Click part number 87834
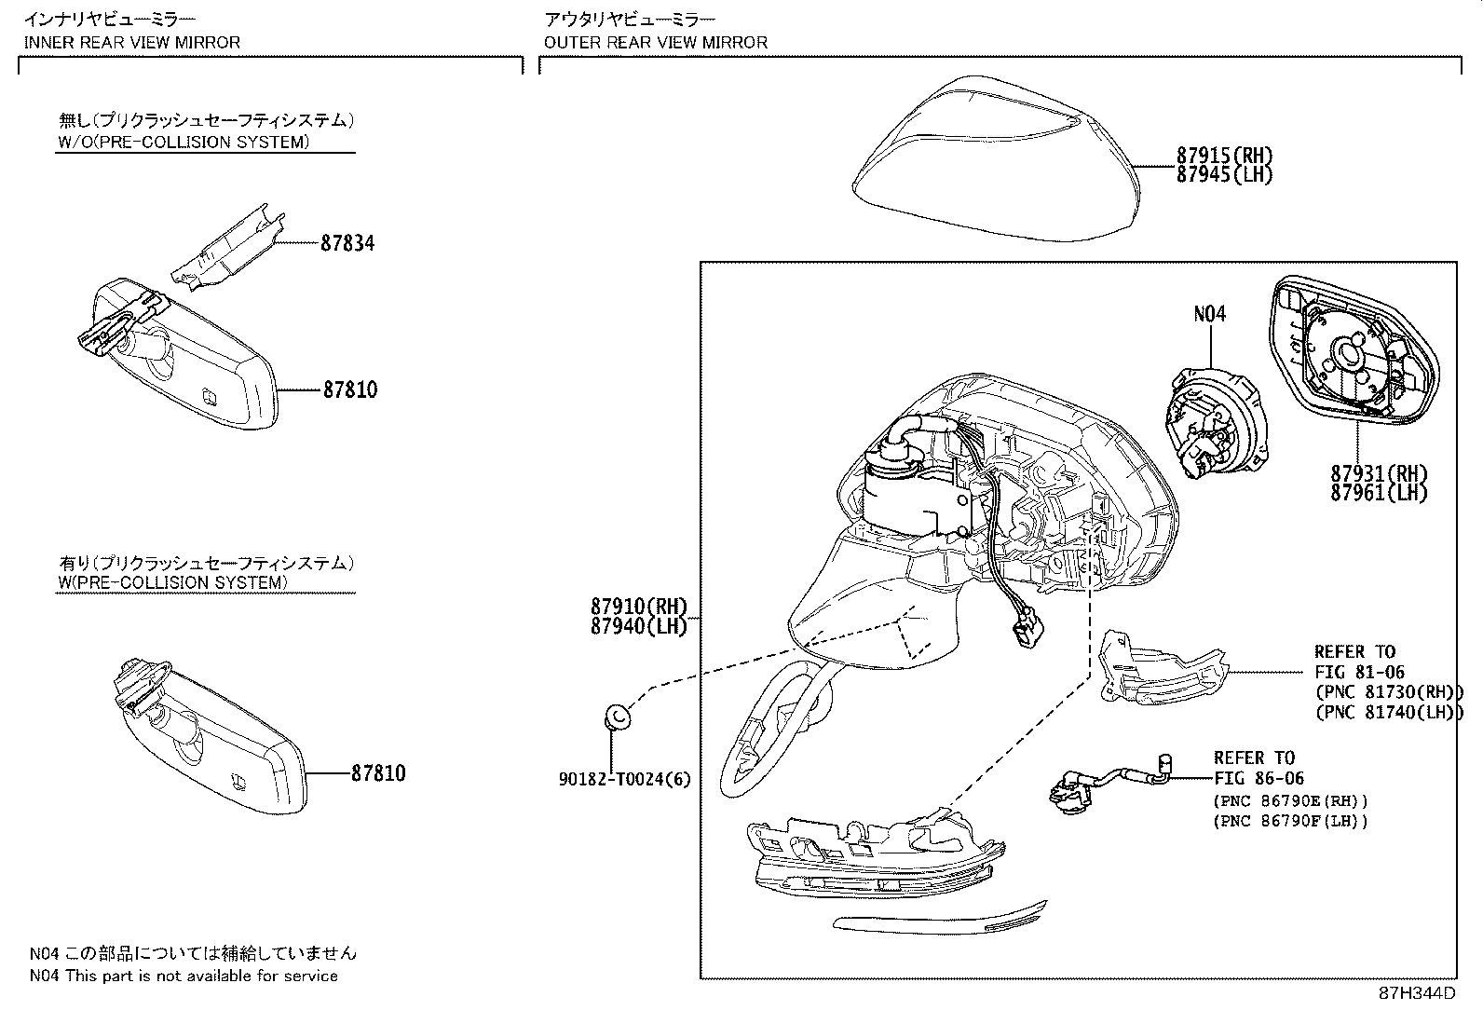[347, 244]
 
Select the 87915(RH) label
[1224, 156]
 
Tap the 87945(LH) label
[1224, 175]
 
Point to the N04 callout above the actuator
[1209, 313]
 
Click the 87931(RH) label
[1379, 473]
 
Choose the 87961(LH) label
[1379, 493]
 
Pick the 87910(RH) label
[639, 606]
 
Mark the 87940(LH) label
[639, 626]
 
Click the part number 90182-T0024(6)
[624, 779]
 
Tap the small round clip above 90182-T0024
[617, 717]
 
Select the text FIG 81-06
[1359, 673]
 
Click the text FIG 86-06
[1259, 778]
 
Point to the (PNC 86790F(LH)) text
[1290, 821]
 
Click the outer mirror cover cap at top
[997, 158]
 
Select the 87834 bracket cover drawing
[227, 247]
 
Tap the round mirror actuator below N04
[1217, 423]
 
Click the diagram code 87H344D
[1417, 993]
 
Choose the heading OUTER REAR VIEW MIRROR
[656, 42]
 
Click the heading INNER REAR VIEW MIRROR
[131, 42]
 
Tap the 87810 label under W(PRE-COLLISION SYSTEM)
[378, 773]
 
